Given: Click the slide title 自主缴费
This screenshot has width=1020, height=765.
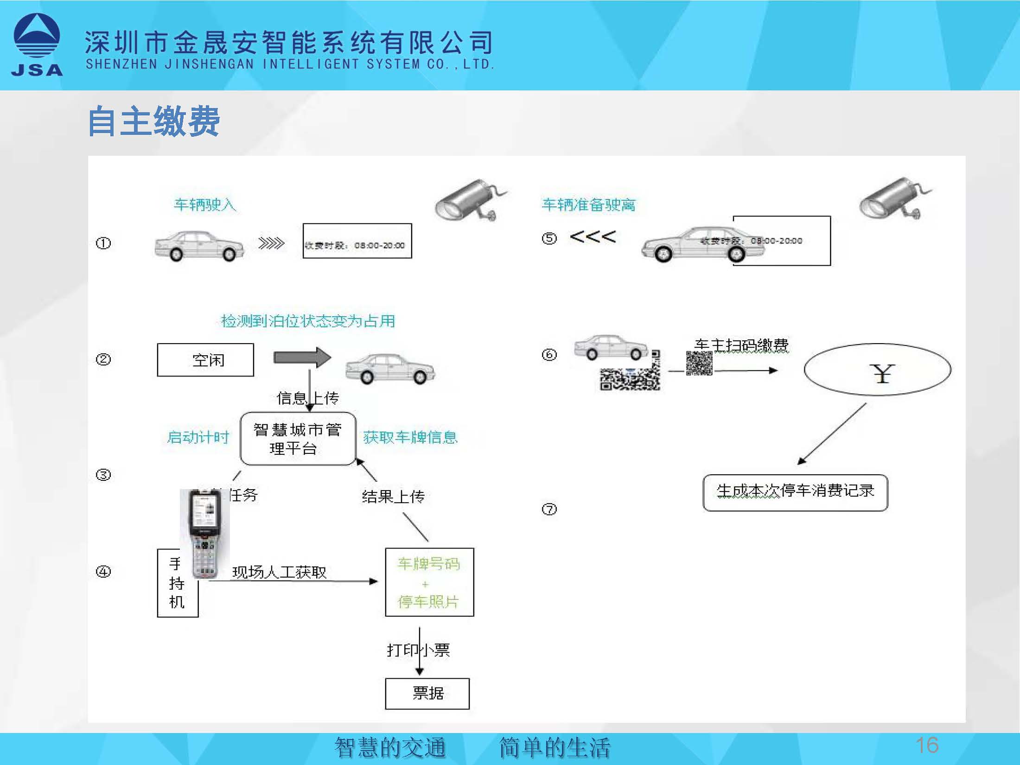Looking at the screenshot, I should pos(153,121).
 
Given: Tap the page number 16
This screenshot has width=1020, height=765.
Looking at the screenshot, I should pos(927,745).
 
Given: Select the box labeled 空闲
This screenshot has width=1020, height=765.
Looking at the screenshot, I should pos(205,360).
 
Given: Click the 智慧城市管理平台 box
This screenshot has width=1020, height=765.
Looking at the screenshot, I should pos(298,439).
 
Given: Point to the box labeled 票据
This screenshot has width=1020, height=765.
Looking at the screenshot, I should pos(427,694).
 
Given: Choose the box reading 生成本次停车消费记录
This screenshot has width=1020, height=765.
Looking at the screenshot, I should pos(795,492).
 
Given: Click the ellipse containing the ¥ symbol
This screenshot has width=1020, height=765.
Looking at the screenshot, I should pos(877,370).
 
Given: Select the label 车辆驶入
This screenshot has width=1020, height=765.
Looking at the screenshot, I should pos(205,204).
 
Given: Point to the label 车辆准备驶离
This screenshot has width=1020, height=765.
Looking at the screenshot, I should pos(588,204).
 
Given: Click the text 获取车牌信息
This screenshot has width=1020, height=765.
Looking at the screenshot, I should pos(410,437).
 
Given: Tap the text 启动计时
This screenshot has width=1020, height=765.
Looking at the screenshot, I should pos(198,437).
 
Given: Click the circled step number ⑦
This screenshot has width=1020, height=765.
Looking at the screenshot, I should pos(549,510).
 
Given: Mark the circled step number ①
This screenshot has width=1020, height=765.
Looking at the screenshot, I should pos(103,243).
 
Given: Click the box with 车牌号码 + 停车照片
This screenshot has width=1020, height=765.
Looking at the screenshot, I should pos(429,582).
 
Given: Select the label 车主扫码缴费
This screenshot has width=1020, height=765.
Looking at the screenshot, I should pos(741,345).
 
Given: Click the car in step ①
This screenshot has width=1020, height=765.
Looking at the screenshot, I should pos(199,246).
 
